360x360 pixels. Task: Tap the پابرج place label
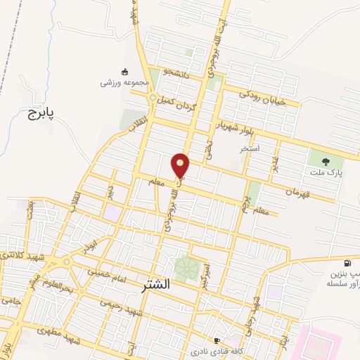[41, 112]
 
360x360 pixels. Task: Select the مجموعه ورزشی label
[125, 82]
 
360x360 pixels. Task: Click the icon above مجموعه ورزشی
[125, 71]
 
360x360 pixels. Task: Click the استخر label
[250, 149]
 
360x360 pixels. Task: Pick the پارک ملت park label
[324, 172]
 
